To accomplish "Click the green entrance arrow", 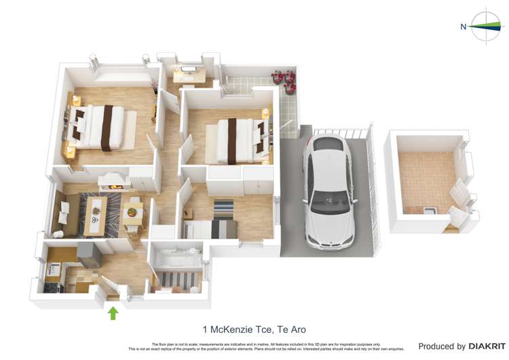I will (x=113, y=312).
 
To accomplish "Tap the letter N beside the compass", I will (x=464, y=27).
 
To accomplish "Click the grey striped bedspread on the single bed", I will (x=223, y=229).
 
